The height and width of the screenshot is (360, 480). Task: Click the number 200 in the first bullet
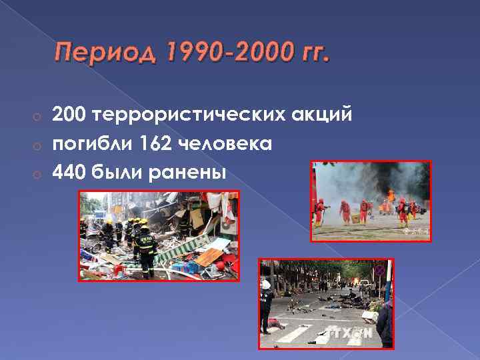pyautogui.click(x=70, y=115)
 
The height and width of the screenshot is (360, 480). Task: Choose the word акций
pyautogui.click(x=327, y=115)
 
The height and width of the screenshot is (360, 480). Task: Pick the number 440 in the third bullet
pyautogui.click(x=70, y=173)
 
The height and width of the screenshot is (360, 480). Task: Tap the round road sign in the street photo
pyautogui.click(x=379, y=270)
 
